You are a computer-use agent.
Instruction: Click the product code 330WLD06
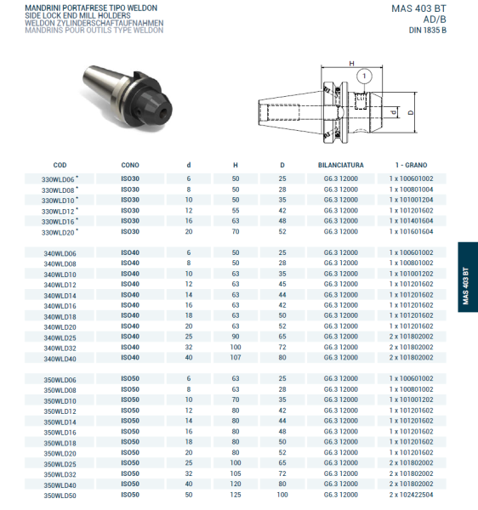[59, 179]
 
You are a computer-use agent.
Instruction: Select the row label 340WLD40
[60, 359]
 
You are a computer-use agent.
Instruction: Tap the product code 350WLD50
[60, 495]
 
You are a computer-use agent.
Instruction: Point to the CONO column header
[130, 164]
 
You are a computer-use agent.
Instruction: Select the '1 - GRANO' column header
[411, 164]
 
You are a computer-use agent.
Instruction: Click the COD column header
[60, 164]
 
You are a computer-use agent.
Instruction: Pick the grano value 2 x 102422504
[411, 495]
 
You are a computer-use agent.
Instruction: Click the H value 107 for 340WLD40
[236, 359]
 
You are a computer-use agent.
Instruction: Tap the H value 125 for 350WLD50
[236, 495]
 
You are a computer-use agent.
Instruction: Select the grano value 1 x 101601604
[411, 231]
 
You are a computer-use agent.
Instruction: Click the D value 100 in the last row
[282, 495]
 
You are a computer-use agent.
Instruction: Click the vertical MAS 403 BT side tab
[466, 276]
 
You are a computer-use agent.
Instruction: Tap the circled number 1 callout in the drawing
[365, 76]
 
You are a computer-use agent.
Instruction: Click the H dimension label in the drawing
[350, 64]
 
